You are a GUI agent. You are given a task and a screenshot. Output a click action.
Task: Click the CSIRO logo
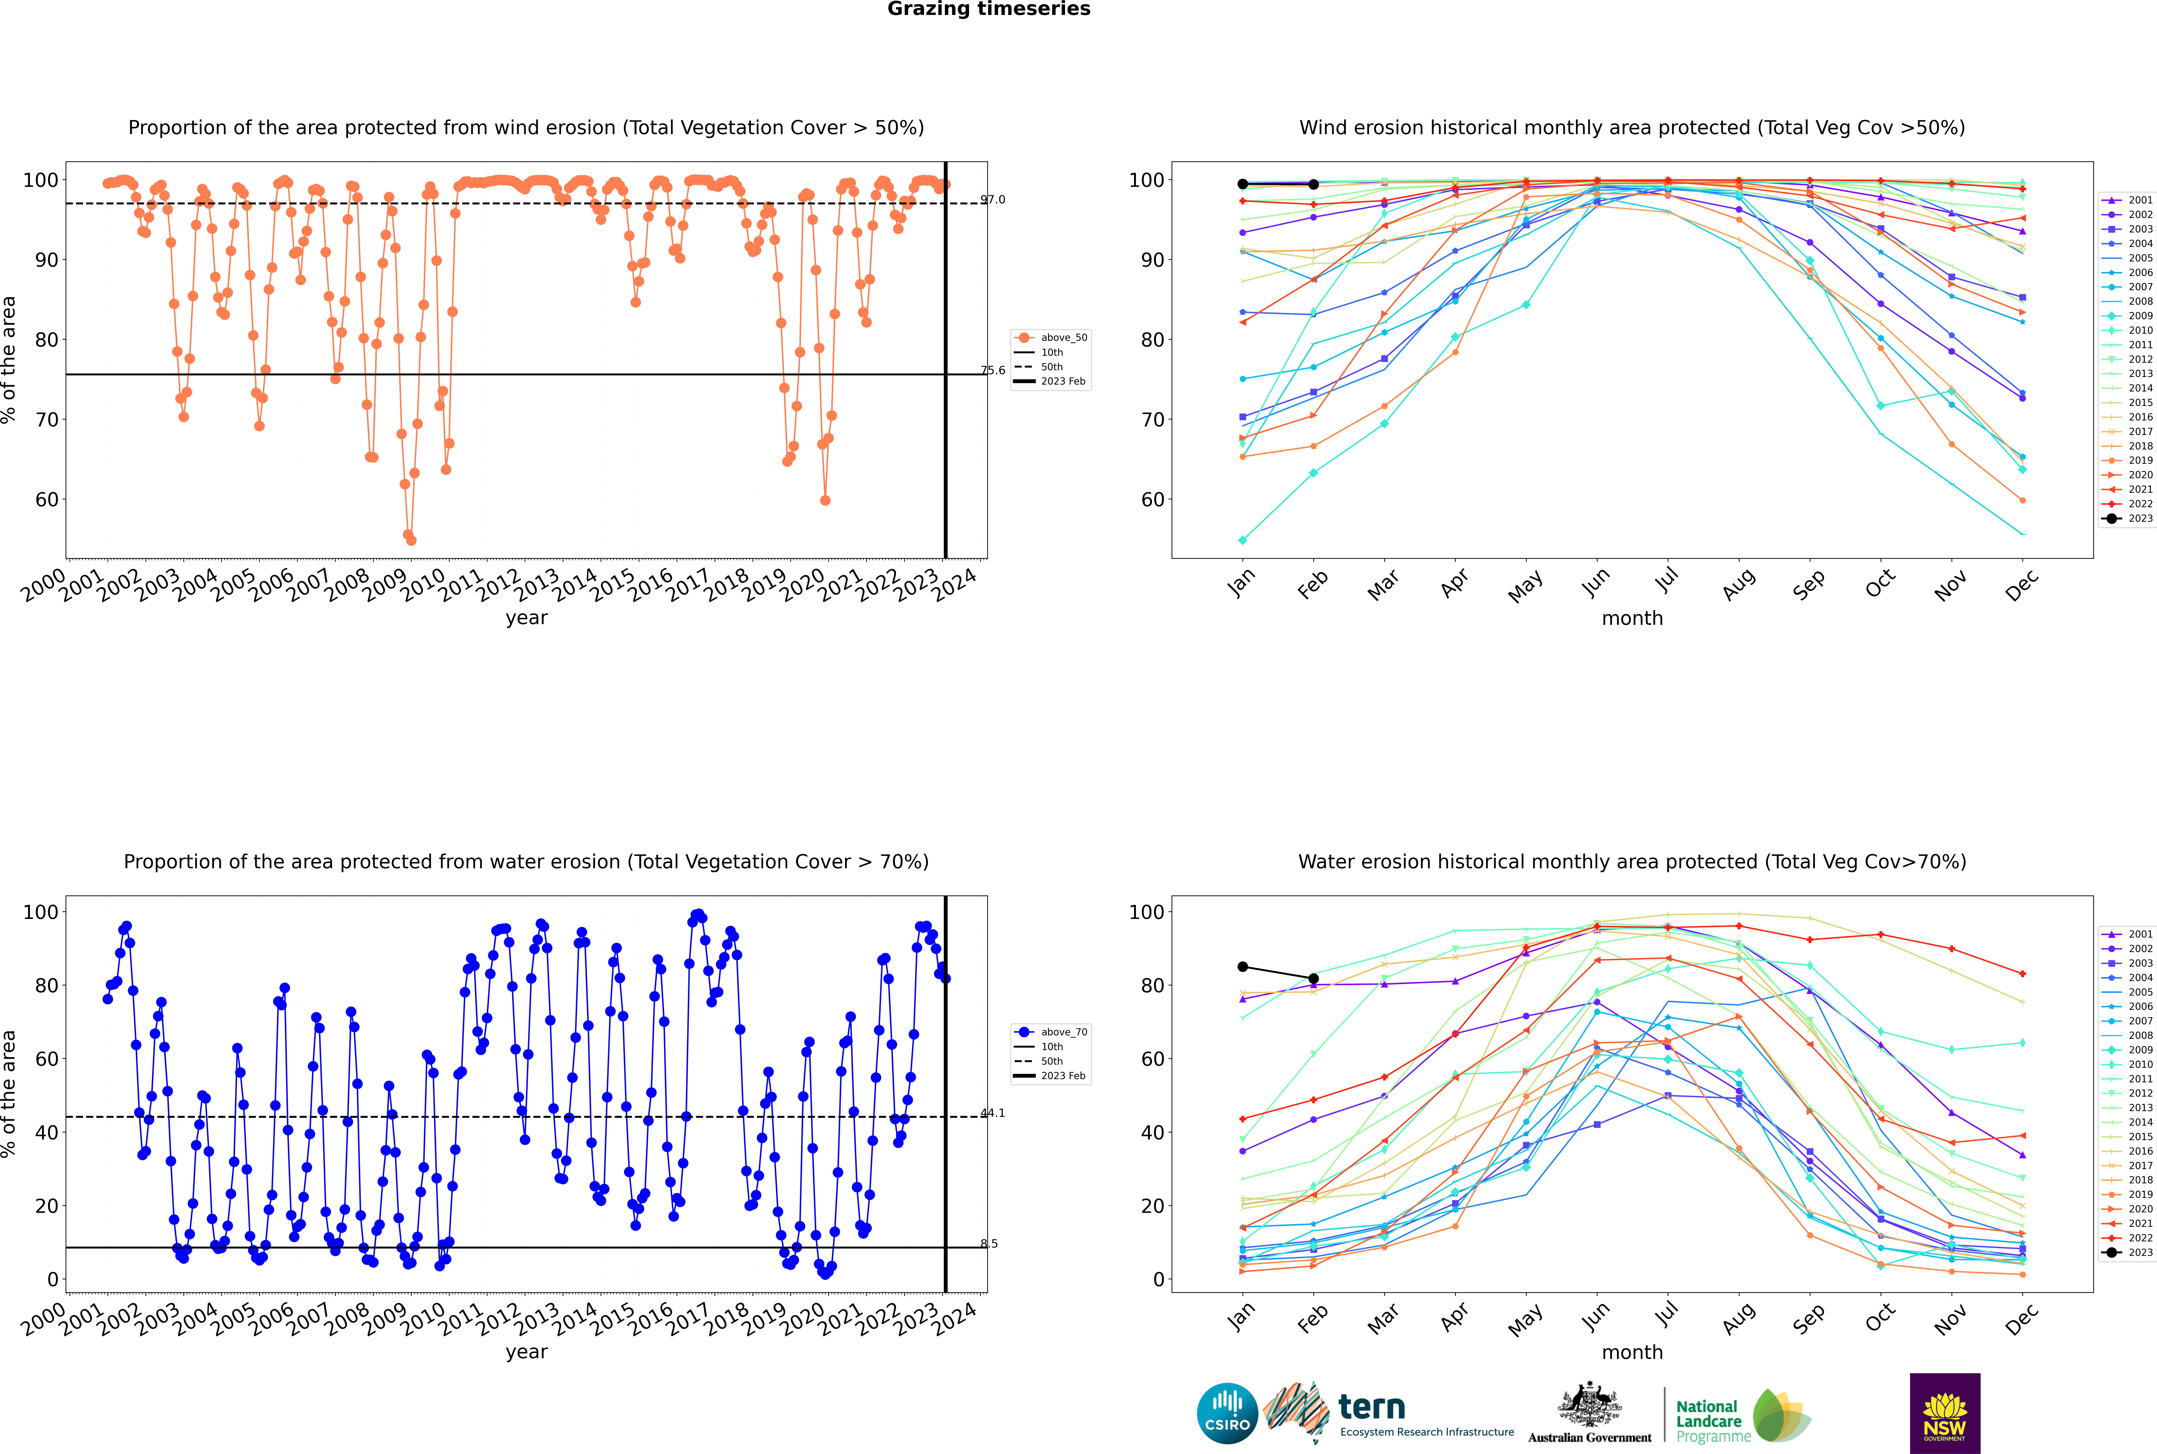pyautogui.click(x=1227, y=1413)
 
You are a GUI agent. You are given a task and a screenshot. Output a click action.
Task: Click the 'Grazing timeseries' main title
pyautogui.click(x=989, y=9)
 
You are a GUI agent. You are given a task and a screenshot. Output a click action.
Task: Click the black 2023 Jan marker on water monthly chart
pyautogui.click(x=1243, y=967)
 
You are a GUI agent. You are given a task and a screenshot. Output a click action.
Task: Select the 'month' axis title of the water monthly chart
pyautogui.click(x=1632, y=1352)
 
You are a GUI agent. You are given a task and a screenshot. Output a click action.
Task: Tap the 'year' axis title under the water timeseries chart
pyautogui.click(x=527, y=1352)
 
